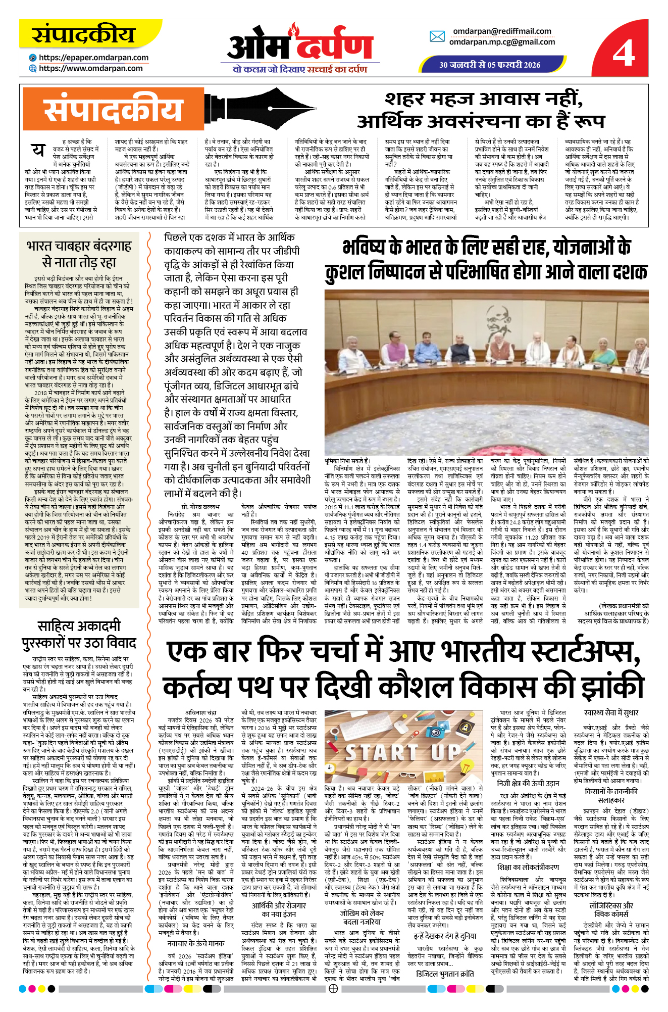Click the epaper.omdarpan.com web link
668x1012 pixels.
[x=93, y=58]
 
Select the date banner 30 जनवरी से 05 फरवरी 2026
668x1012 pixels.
[x=489, y=65]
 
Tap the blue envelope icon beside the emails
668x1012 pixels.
[x=437, y=36]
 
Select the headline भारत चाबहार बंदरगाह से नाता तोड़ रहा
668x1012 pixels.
[x=79, y=254]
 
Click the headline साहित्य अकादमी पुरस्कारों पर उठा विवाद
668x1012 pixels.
[x=79, y=634]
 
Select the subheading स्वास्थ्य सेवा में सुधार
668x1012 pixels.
[x=611, y=712]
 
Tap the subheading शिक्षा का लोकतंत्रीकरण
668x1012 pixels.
[x=528, y=867]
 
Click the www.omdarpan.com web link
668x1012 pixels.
[x=90, y=68]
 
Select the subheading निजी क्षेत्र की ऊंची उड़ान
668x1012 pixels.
[x=528, y=783]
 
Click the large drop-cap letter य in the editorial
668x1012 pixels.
[x=38, y=150]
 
